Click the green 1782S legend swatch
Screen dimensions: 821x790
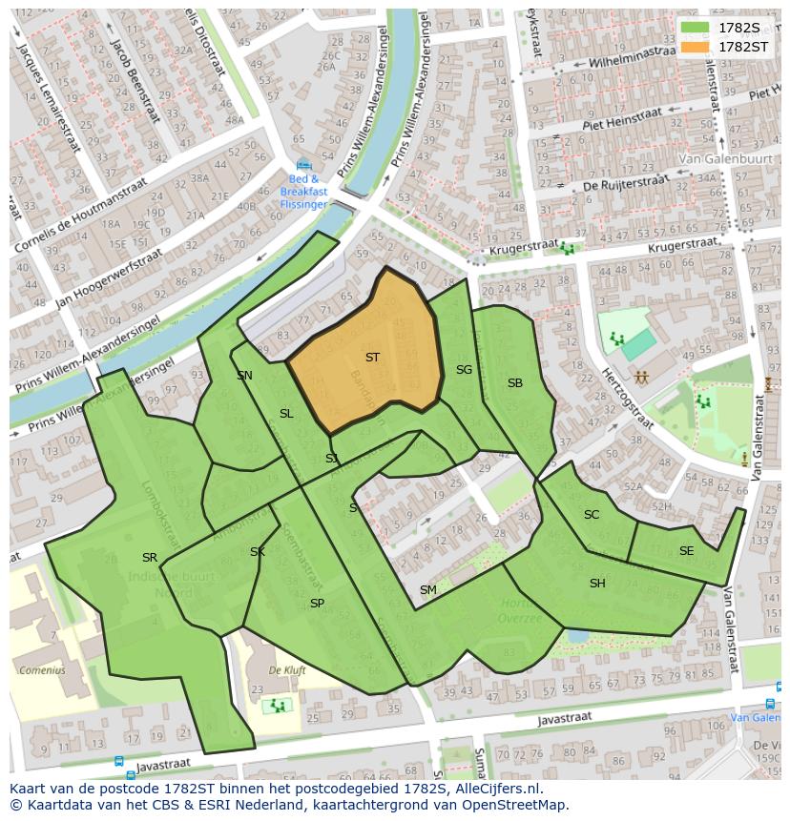pos(696,28)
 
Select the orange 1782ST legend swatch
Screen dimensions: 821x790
pos(696,47)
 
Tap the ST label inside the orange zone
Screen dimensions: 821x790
pos(372,358)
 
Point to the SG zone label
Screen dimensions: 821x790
pos(464,370)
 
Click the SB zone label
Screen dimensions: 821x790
pos(515,383)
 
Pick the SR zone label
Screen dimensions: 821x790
pos(150,558)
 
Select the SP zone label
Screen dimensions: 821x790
pos(317,604)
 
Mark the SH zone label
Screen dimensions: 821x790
pos(597,584)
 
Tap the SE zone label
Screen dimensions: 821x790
pos(686,551)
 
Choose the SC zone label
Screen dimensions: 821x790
pos(592,515)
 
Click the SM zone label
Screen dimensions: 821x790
pos(428,590)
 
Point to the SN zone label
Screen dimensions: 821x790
pos(245,376)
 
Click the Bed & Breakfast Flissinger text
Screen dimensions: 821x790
pos(303,191)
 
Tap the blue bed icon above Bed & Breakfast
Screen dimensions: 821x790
pos(303,166)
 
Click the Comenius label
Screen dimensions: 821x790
pos(41,670)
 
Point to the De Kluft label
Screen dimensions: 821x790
pos(287,670)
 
